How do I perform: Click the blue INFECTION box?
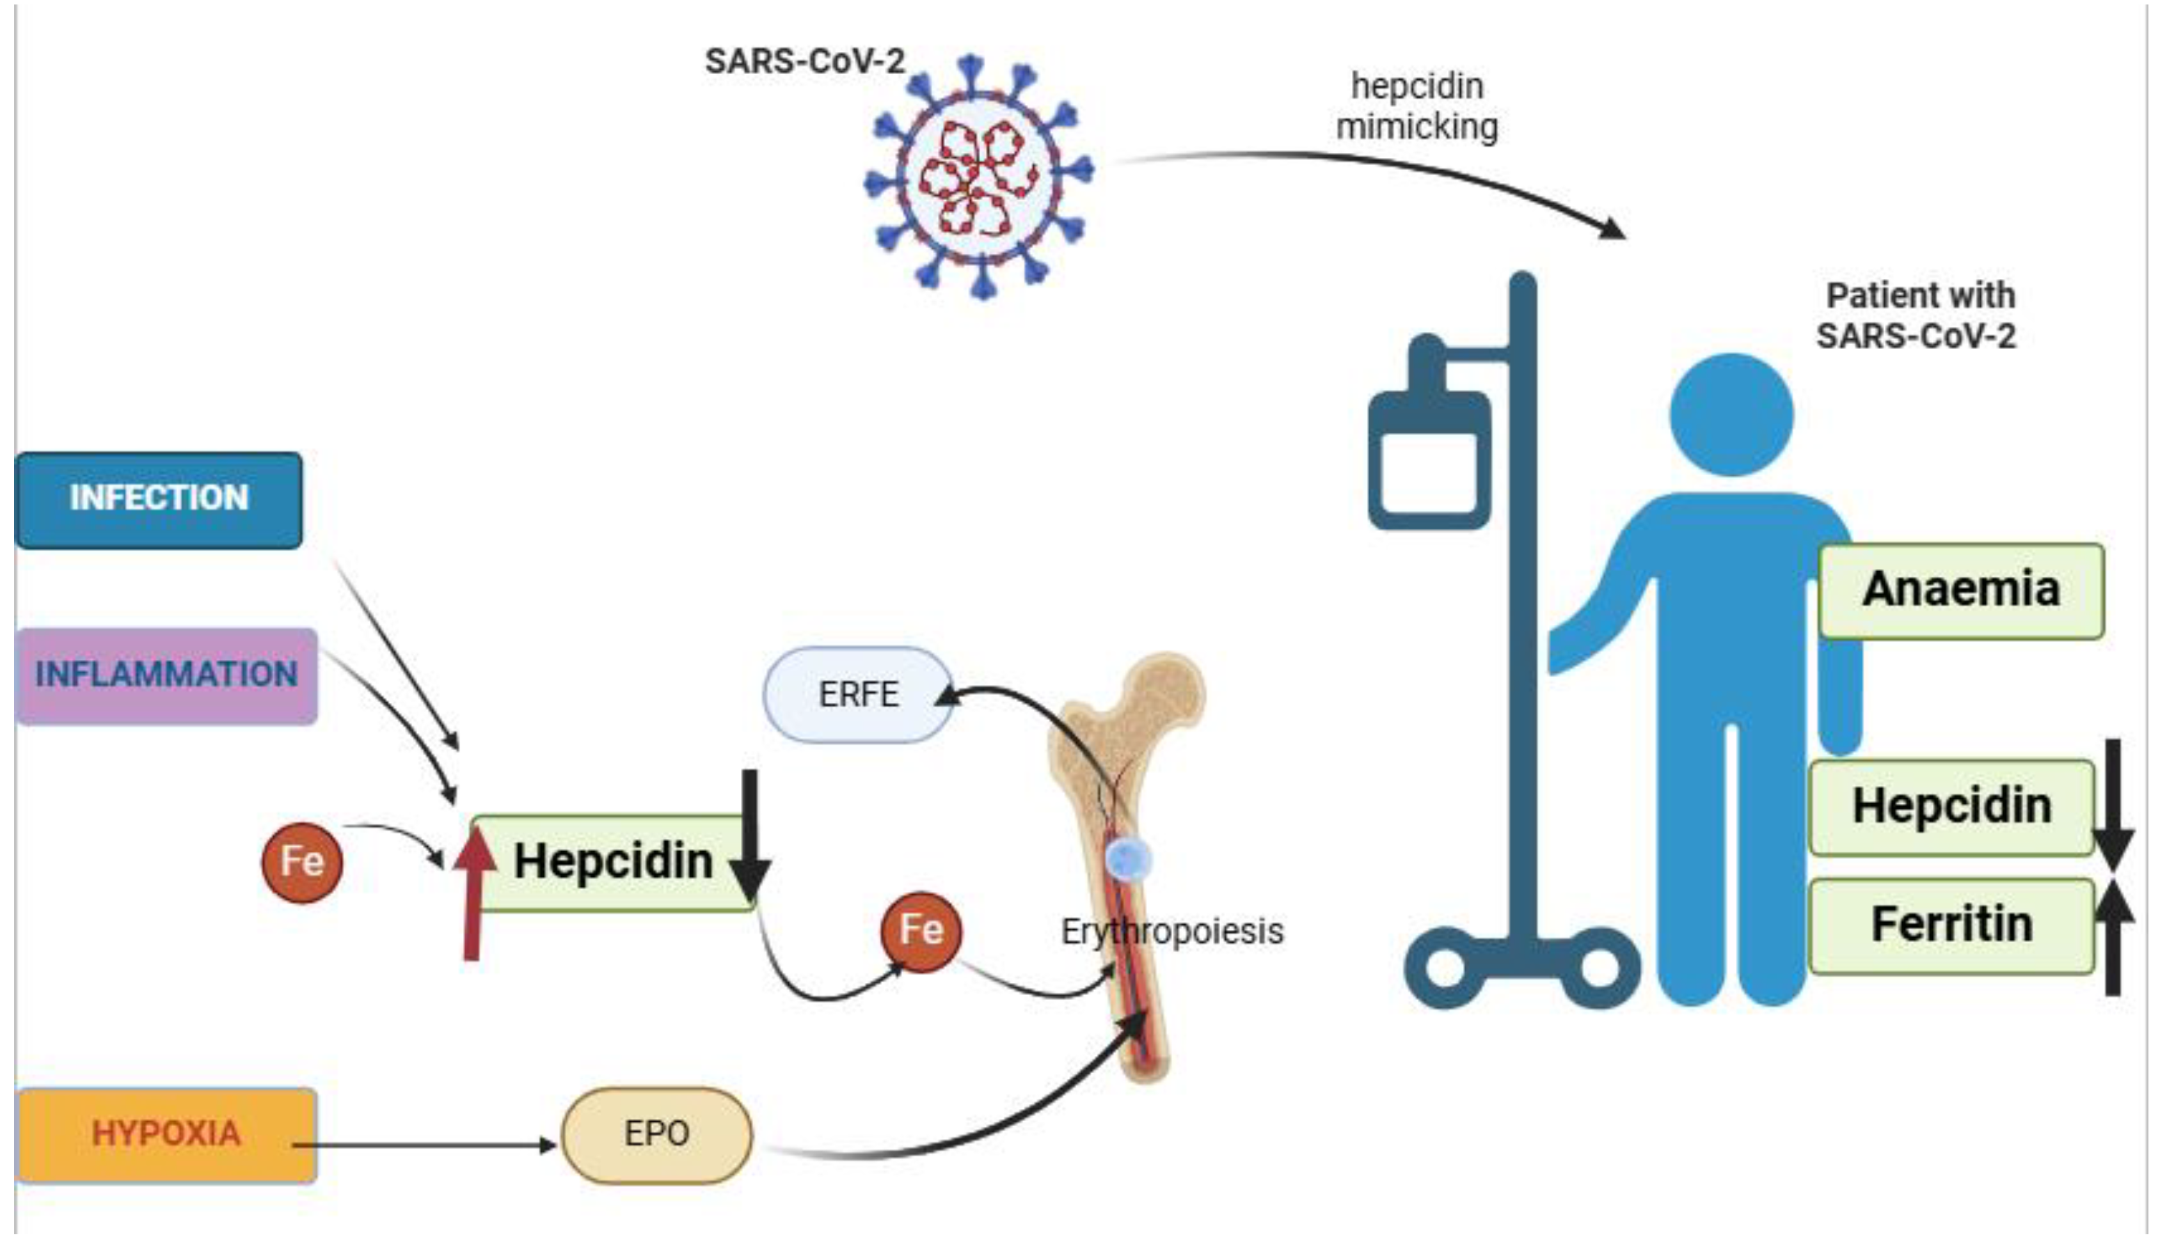pyautogui.click(x=159, y=500)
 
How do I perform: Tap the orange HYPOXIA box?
pyautogui.click(x=166, y=1134)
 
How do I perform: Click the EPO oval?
pyautogui.click(x=657, y=1134)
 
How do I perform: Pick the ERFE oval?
pyautogui.click(x=858, y=695)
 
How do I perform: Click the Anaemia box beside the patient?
pyautogui.click(x=1960, y=591)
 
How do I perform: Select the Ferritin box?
pyautogui.click(x=1952, y=925)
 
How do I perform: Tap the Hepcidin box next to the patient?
pyautogui.click(x=1952, y=806)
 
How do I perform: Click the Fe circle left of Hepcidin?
pyautogui.click(x=302, y=861)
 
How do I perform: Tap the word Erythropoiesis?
pyautogui.click(x=1172, y=932)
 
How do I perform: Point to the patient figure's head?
pyautogui.click(x=1732, y=414)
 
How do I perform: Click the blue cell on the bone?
pyautogui.click(x=1128, y=859)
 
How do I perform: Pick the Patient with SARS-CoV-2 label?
pyautogui.click(x=1917, y=315)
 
